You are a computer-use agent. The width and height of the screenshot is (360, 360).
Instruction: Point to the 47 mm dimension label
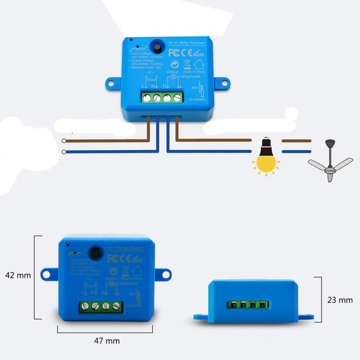point(107,340)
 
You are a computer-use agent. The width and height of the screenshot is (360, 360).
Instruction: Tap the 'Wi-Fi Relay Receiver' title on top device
point(185,43)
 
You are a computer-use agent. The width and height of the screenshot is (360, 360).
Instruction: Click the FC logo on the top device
point(174,53)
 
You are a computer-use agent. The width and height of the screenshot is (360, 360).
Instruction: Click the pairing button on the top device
point(157,46)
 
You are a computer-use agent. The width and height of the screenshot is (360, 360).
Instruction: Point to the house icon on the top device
point(186,64)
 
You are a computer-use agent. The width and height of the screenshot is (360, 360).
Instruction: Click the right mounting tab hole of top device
point(220,82)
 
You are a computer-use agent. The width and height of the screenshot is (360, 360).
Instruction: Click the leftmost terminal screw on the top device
point(145,96)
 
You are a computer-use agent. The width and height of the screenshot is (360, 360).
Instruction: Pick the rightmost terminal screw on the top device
point(177,96)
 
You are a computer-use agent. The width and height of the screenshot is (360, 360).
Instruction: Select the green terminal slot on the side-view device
point(248,304)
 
